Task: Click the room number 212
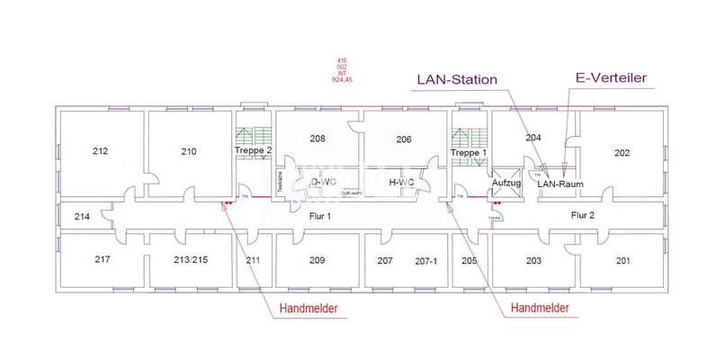click(101, 151)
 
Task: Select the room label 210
click(188, 151)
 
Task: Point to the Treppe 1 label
click(468, 153)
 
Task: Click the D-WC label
click(323, 183)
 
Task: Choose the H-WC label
click(400, 183)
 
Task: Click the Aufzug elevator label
click(506, 183)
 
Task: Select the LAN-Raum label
click(561, 183)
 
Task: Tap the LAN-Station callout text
click(456, 79)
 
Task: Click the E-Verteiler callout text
click(611, 78)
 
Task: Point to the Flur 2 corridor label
click(584, 216)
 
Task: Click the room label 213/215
click(191, 261)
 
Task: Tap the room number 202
click(622, 152)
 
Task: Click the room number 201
click(622, 261)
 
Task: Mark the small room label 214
click(82, 217)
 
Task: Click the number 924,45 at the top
click(343, 80)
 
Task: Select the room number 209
click(317, 261)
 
